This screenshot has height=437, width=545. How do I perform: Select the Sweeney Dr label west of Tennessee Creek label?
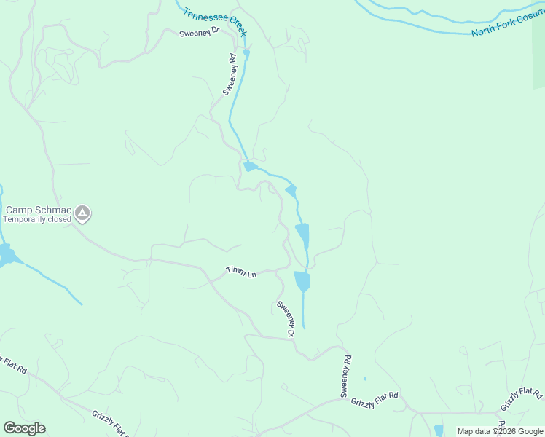200,34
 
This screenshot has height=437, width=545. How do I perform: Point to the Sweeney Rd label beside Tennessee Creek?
230,74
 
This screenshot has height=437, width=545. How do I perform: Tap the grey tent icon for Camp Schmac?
83,213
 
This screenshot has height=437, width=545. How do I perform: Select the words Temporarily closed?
37,219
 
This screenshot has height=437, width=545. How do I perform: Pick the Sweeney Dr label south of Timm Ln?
285,318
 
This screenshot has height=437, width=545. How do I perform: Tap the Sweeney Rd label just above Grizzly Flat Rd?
346,376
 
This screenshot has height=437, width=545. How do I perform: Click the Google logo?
24,428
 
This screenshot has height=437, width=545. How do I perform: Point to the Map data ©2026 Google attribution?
501,431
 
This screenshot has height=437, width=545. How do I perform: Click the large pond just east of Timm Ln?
302,280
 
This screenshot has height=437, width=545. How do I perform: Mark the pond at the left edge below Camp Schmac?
7,256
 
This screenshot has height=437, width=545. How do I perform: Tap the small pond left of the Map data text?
439,430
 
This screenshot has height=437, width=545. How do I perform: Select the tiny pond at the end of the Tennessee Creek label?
247,52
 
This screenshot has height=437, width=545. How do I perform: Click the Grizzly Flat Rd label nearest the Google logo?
110,422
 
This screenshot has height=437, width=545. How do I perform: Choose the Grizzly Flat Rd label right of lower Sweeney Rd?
375,400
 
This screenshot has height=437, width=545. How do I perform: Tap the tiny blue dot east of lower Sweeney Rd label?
364,379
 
